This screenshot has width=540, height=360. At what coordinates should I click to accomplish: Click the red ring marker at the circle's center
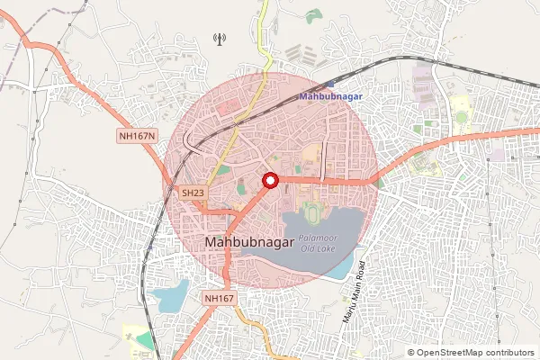tap(269, 181)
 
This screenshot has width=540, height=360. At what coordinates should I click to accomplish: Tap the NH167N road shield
tap(138, 136)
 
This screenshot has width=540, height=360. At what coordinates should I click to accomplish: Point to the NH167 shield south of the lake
tap(219, 298)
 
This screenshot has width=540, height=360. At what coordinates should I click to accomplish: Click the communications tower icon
tap(217, 38)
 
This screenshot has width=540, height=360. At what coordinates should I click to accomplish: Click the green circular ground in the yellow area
tap(462, 117)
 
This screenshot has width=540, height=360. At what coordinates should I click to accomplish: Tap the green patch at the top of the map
tap(313, 15)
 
